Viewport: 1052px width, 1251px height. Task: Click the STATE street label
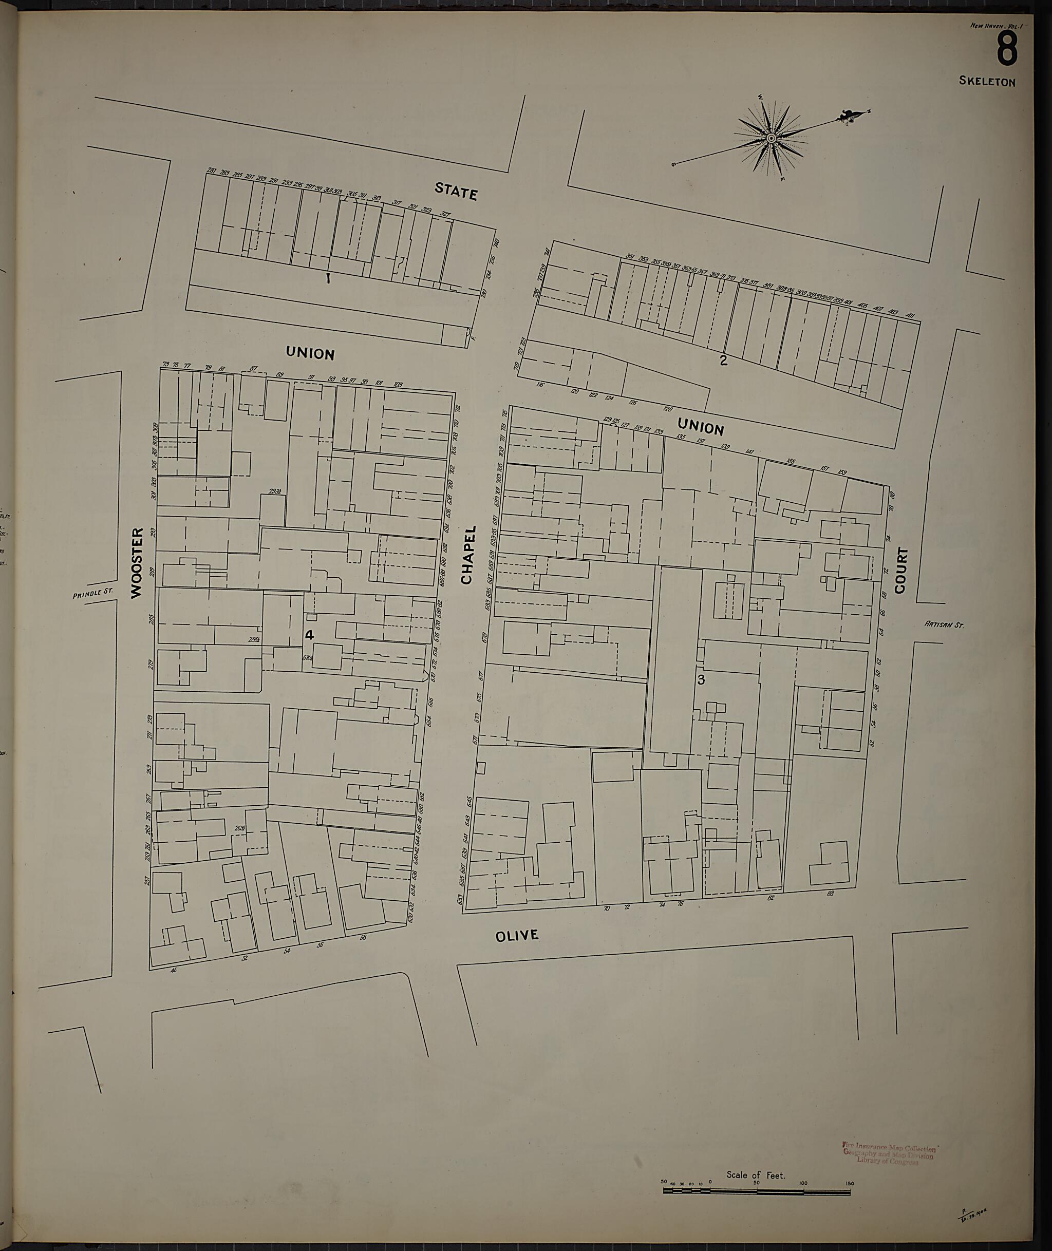[x=456, y=192]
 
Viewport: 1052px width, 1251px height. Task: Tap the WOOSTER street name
[x=137, y=562]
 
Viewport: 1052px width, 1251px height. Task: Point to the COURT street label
[x=900, y=571]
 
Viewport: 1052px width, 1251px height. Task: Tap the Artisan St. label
[x=944, y=625]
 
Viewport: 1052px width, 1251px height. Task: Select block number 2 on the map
[x=723, y=359]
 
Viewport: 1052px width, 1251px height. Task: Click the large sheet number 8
[x=1007, y=49]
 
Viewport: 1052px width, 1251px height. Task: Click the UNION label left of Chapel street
[x=310, y=354]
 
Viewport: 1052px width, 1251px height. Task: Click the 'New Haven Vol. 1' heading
[x=993, y=26]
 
